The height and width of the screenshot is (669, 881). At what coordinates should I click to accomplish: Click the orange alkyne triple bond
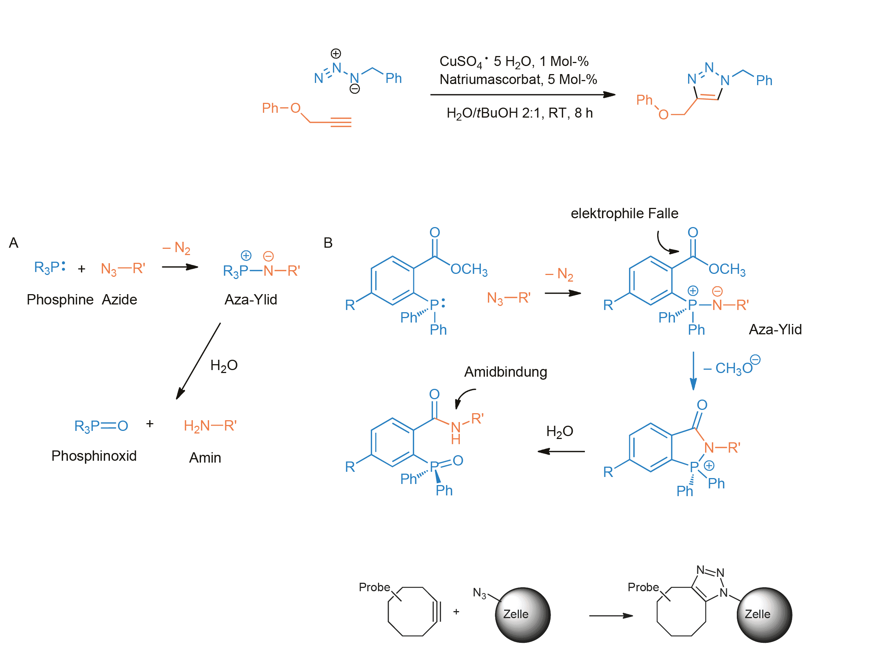tap(341, 122)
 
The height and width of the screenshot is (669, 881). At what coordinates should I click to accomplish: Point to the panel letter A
tap(14, 243)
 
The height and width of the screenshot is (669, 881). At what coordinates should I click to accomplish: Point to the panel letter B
tap(328, 243)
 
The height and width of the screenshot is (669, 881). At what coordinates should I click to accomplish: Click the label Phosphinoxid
tap(94, 456)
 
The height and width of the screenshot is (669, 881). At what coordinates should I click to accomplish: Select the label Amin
tap(205, 458)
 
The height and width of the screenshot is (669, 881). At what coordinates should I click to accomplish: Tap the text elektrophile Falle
tap(624, 213)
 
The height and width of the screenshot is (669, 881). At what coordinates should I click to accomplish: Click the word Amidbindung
tap(506, 372)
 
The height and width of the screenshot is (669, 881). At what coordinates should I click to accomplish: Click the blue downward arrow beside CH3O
tap(693, 370)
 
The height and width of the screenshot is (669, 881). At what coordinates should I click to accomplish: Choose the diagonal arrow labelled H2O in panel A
tap(198, 361)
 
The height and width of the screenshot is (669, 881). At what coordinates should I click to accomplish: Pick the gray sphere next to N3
tap(523, 615)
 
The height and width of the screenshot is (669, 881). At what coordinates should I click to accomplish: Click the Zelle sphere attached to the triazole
tap(764, 615)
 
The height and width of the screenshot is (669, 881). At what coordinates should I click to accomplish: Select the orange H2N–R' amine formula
tap(210, 426)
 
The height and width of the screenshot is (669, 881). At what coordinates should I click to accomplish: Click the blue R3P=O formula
tap(101, 426)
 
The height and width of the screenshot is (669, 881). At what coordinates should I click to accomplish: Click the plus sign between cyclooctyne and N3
tap(456, 611)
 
